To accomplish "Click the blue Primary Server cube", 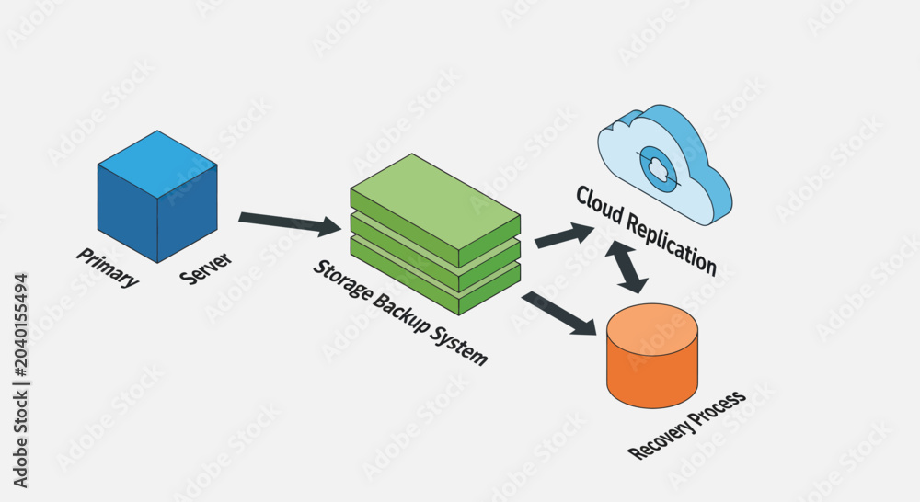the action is pyautogui.click(x=157, y=197).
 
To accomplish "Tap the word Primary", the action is pyautogui.click(x=108, y=268).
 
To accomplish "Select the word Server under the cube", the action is pyautogui.click(x=206, y=268).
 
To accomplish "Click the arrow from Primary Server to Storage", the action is pyautogui.click(x=290, y=222).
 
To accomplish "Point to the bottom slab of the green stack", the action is pyautogui.click(x=435, y=281).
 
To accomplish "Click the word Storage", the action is pyautogui.click(x=341, y=281).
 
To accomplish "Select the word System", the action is pyautogui.click(x=459, y=346).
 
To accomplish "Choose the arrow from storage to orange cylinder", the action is pyautogui.click(x=558, y=314).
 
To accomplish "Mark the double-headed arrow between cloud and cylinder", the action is pyautogui.click(x=627, y=267).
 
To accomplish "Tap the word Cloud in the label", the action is pyautogui.click(x=599, y=205).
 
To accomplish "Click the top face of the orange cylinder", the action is pyautogui.click(x=652, y=329).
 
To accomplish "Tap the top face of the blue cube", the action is pyautogui.click(x=157, y=165).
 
